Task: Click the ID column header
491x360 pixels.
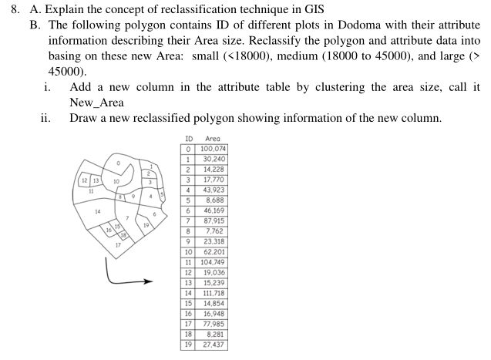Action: [x=188, y=138]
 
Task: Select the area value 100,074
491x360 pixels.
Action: [x=213, y=148]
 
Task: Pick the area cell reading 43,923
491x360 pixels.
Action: [x=213, y=190]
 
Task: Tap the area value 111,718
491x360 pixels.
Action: [x=213, y=293]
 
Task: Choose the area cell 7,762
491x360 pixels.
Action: [x=213, y=230]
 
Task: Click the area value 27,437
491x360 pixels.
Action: [x=213, y=345]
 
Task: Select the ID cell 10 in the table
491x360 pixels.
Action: [x=188, y=251]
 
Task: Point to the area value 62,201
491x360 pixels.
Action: [x=213, y=251]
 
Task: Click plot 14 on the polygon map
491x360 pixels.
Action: [x=98, y=212]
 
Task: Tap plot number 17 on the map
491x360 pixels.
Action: [x=118, y=244]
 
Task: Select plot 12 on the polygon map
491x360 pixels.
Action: [x=85, y=180]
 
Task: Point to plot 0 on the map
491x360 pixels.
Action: [x=118, y=164]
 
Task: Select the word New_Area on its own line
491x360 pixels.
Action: [x=96, y=103]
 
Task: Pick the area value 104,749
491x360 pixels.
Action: [x=213, y=262]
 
